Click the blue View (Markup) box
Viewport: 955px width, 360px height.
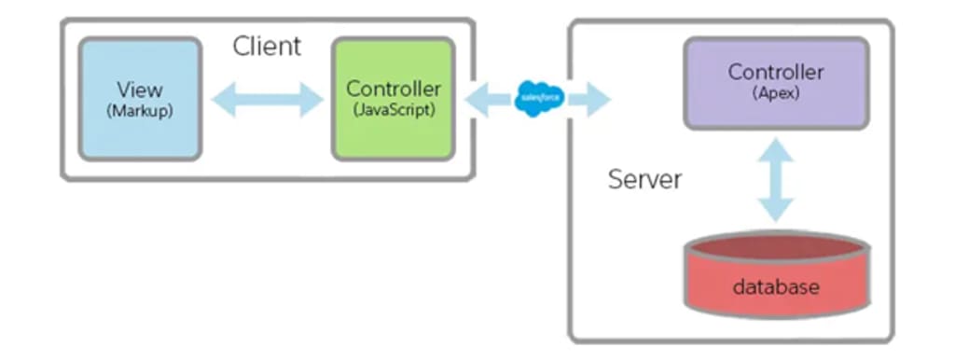(x=140, y=99)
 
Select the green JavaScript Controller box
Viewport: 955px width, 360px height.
(x=394, y=99)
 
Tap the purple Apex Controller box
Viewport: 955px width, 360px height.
(x=776, y=83)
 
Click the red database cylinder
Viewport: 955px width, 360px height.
(x=777, y=275)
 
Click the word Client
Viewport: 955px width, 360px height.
(x=267, y=47)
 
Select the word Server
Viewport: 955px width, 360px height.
(x=645, y=179)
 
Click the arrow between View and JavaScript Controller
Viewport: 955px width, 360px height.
(x=267, y=99)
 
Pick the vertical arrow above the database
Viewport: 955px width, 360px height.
(x=776, y=180)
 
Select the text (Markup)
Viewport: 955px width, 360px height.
(x=140, y=112)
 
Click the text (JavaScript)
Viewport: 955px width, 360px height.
(x=394, y=112)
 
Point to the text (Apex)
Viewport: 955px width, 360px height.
(x=776, y=93)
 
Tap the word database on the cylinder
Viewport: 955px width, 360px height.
(x=776, y=286)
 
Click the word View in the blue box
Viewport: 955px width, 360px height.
(x=140, y=90)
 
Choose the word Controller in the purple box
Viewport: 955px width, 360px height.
(x=776, y=72)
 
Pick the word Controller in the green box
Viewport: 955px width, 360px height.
(x=394, y=89)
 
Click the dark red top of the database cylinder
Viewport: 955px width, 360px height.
(x=777, y=247)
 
